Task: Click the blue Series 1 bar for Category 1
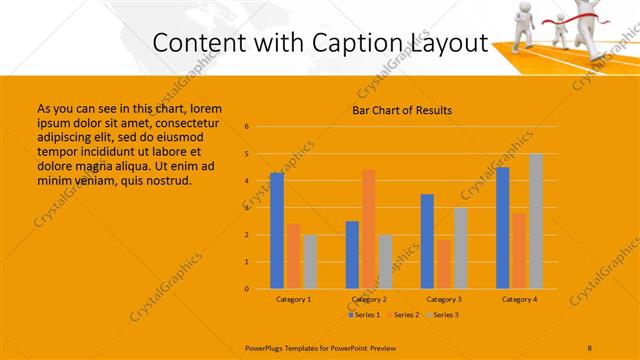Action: [277, 231]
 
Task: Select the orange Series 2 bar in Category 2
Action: [368, 229]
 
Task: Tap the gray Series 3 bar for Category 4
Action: [536, 221]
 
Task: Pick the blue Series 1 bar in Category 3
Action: [427, 241]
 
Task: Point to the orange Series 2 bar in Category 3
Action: [444, 264]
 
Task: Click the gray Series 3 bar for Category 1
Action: [310, 262]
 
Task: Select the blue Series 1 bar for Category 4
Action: [503, 228]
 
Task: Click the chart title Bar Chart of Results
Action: [402, 110]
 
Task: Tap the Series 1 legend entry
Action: [364, 315]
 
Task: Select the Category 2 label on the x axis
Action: [369, 299]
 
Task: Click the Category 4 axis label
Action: [519, 299]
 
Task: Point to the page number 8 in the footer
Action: [590, 346]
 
